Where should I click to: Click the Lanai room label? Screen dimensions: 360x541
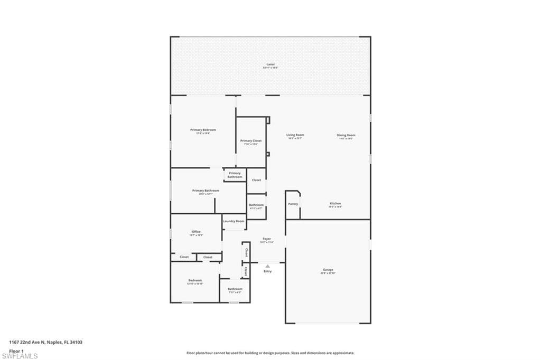(x=270, y=64)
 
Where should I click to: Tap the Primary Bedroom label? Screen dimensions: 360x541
(x=203, y=130)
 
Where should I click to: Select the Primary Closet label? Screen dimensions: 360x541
(x=250, y=141)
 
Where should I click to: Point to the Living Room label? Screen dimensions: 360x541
(x=295, y=135)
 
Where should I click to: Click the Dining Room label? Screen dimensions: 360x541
(x=346, y=135)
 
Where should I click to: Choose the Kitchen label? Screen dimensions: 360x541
(x=335, y=203)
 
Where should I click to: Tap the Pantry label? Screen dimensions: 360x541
(x=293, y=204)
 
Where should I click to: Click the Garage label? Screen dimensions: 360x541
(x=328, y=270)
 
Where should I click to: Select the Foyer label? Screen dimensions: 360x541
(x=267, y=239)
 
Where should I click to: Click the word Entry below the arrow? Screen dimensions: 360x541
(x=267, y=271)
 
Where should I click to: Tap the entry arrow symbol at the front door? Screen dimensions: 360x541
(x=267, y=266)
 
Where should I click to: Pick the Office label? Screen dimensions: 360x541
(x=196, y=232)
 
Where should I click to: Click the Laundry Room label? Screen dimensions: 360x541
(x=234, y=221)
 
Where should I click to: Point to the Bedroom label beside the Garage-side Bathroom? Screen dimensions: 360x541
(x=195, y=280)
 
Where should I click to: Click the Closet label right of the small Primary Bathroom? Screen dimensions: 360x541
(x=256, y=180)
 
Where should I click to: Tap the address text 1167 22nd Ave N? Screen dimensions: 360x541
(x=45, y=342)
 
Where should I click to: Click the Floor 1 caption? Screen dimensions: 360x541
(x=16, y=350)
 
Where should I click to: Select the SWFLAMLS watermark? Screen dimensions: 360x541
(x=20, y=356)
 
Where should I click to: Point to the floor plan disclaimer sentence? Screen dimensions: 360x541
(x=270, y=353)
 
